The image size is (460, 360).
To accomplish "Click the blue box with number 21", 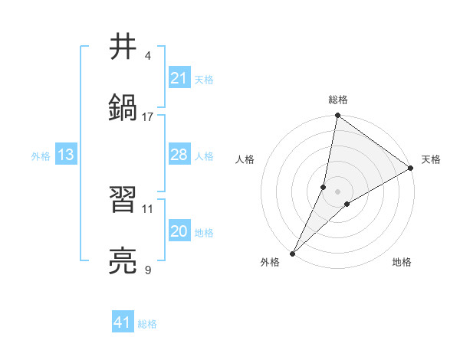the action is tap(179, 78).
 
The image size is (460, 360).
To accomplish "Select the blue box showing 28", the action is tap(179, 155).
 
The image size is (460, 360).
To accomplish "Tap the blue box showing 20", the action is tap(179, 231).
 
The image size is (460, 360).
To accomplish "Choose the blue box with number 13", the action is tap(66, 155).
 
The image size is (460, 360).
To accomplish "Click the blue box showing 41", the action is tap(122, 322).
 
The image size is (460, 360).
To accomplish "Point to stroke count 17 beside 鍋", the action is tap(148, 116).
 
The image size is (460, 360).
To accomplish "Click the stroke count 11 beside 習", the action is tap(148, 208).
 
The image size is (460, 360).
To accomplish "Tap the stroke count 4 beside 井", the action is tap(148, 56).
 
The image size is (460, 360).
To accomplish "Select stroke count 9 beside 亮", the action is tap(148, 270).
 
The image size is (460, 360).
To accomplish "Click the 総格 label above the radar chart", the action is tap(337, 100).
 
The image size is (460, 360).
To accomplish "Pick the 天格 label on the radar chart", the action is tap(431, 159).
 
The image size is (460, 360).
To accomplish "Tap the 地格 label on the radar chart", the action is tap(402, 262).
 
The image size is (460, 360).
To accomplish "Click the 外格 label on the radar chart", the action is tap(270, 262).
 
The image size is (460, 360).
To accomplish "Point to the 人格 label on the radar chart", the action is tap(245, 159).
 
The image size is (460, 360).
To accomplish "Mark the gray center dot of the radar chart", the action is tap(337, 191).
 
